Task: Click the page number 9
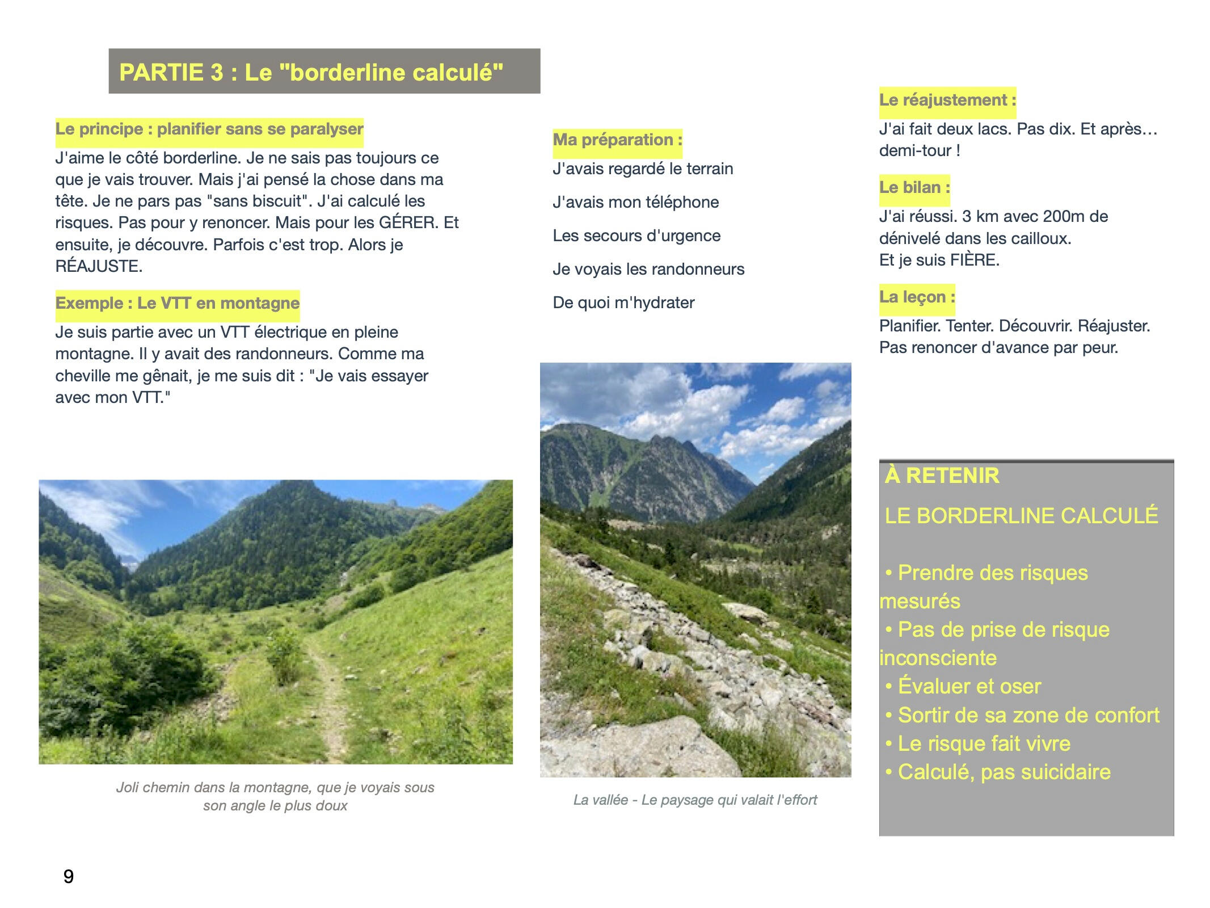click(68, 877)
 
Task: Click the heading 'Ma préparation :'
click(617, 140)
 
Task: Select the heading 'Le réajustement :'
click(947, 100)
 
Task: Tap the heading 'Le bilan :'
click(914, 187)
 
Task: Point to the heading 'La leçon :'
click(917, 297)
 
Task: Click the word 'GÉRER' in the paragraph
click(408, 222)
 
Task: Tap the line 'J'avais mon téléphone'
click(635, 202)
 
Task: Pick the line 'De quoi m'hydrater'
click(623, 302)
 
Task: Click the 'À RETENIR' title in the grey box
click(942, 476)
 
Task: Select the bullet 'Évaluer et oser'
click(969, 686)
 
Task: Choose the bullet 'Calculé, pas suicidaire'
click(1004, 772)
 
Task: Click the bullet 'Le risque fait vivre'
click(984, 743)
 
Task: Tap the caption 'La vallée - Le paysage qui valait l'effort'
click(695, 800)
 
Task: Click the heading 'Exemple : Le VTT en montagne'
click(177, 303)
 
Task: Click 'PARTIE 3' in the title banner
click(171, 73)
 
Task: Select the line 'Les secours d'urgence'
click(636, 236)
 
